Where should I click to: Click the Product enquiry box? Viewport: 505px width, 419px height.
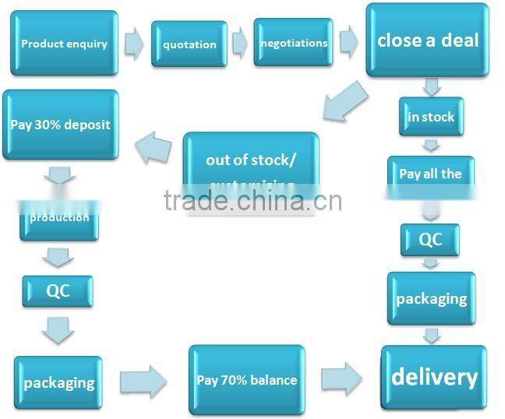[x=64, y=43]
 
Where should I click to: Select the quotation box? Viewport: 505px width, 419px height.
[x=189, y=44]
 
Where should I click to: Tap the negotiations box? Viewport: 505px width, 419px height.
[x=292, y=43]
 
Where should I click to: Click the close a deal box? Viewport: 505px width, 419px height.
[x=428, y=40]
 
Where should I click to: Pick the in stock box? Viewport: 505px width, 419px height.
[x=431, y=117]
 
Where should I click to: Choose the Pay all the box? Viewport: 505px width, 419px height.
[x=430, y=174]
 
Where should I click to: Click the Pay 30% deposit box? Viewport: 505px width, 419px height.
[x=61, y=125]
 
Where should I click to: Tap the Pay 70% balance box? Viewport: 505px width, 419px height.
[x=246, y=380]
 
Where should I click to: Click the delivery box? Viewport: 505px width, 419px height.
[x=433, y=378]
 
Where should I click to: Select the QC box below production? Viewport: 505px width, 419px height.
[x=58, y=291]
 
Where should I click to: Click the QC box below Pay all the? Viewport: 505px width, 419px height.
[x=430, y=239]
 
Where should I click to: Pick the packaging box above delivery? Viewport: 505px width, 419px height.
[x=431, y=298]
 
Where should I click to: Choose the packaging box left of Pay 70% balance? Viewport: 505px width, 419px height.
[x=58, y=382]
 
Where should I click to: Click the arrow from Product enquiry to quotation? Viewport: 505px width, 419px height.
[x=134, y=44]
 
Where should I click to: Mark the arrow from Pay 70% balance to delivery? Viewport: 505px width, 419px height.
[x=341, y=379]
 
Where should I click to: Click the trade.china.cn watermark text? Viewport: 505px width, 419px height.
[x=252, y=200]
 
